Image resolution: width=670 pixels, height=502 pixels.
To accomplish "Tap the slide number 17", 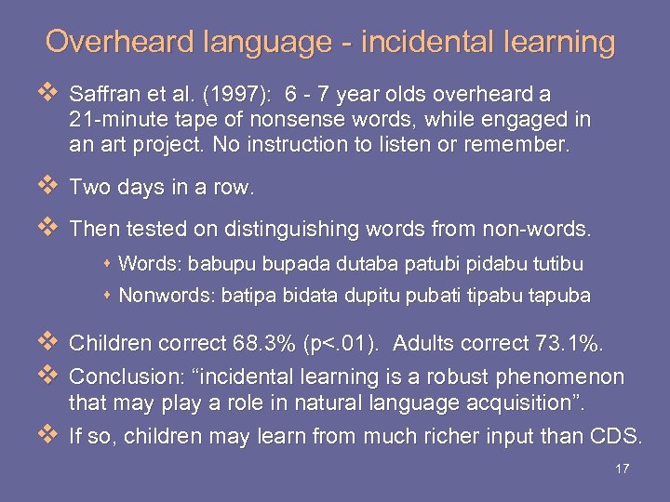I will click(623, 469).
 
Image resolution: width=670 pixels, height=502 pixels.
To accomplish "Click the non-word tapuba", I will click(558, 297).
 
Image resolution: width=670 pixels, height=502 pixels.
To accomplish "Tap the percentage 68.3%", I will click(263, 344).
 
